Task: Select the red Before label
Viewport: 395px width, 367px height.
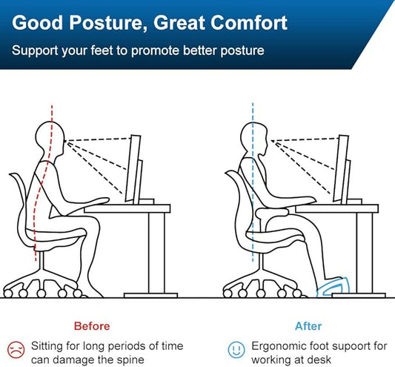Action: click(x=92, y=326)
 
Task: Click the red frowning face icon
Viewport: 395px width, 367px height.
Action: click(x=15, y=347)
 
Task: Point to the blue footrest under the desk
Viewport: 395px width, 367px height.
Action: click(x=338, y=285)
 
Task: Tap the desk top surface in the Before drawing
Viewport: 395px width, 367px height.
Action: click(x=126, y=208)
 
